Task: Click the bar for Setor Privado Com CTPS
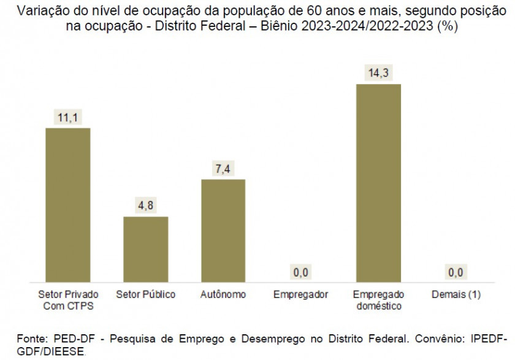pos(68,204)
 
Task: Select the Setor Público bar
pos(146,248)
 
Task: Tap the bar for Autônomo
pos(223,230)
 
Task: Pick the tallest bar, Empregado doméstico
pos(378,182)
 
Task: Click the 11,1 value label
pos(68,117)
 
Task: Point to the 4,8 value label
pos(146,206)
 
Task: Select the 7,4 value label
pos(223,169)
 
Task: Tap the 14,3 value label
pos(378,73)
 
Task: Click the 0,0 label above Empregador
pos(301,272)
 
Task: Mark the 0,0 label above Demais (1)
pos(456,272)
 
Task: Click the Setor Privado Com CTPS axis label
pos(68,300)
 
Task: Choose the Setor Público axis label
pos(146,294)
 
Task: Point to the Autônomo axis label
pos(223,294)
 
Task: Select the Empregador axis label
pos(301,294)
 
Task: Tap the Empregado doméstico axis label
pos(378,300)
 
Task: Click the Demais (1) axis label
pos(456,294)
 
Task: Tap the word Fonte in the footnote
pos(32,339)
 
